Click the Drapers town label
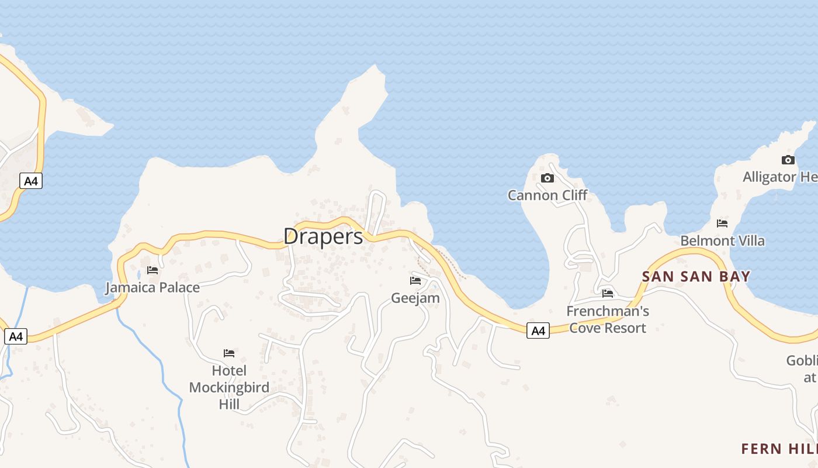click(323, 236)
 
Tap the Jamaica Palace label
click(152, 287)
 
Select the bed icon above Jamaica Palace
click(152, 270)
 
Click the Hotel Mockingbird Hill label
click(229, 387)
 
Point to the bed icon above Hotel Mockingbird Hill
click(229, 353)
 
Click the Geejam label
click(415, 298)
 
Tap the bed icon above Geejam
click(415, 281)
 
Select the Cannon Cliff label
click(547, 195)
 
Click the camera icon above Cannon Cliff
click(547, 178)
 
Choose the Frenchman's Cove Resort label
click(608, 319)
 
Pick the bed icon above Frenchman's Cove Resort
click(608, 293)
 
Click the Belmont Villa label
click(722, 240)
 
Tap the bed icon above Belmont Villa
click(722, 223)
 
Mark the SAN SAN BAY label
click(696, 276)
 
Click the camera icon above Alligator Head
click(788, 160)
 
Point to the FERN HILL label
click(779, 449)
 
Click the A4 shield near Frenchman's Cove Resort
click(538, 331)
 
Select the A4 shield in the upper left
click(31, 181)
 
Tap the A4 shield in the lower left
click(16, 336)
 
